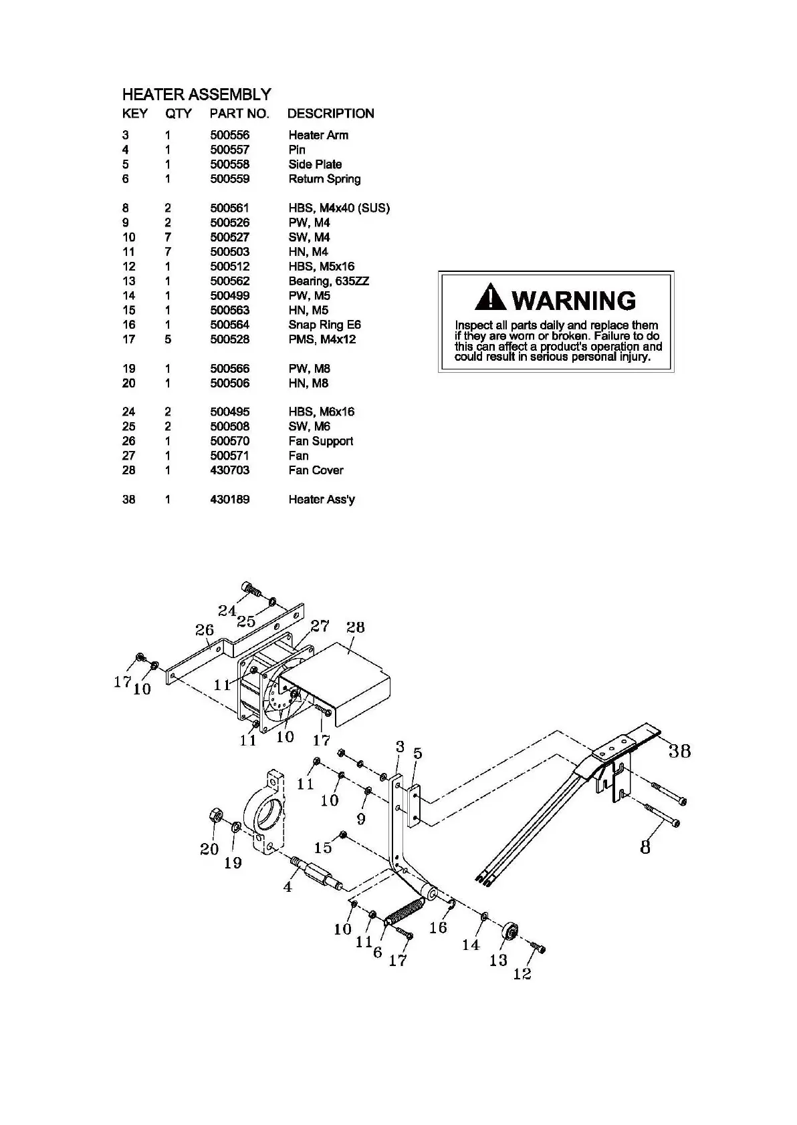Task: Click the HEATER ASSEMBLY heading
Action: (x=197, y=94)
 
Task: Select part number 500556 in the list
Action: (x=229, y=135)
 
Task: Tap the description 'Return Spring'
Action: (x=324, y=179)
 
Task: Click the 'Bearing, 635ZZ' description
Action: (x=328, y=281)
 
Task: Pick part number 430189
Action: (x=229, y=500)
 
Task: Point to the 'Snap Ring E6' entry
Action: (x=324, y=325)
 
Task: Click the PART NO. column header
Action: (x=239, y=114)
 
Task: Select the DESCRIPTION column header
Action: (x=330, y=114)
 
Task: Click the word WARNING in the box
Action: (x=574, y=300)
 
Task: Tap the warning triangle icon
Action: (x=490, y=298)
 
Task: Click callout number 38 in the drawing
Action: (x=679, y=751)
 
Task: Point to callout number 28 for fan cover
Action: (x=355, y=627)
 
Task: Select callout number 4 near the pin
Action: (x=288, y=887)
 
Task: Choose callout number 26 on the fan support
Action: (x=204, y=630)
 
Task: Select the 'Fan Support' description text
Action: (x=320, y=441)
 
